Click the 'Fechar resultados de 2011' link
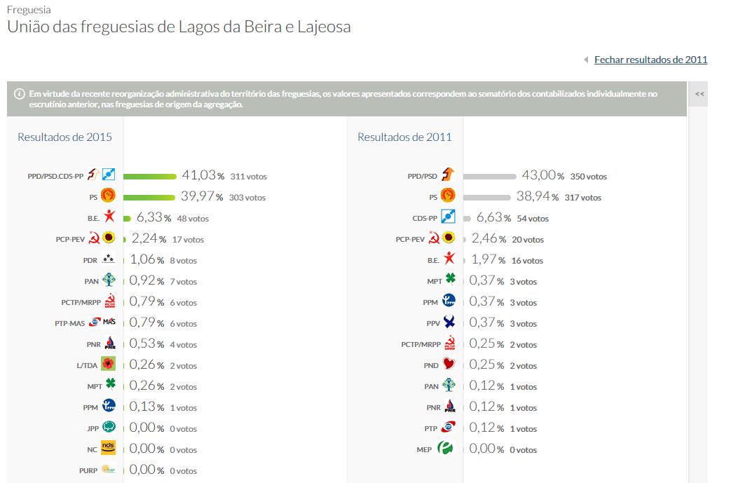point(650,60)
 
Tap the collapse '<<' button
point(699,94)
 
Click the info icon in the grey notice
point(19,93)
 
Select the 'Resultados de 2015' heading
point(64,137)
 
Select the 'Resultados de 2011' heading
point(404,137)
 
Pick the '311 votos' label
point(248,177)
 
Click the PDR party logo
point(108,259)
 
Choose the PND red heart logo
point(449,365)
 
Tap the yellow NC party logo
point(108,449)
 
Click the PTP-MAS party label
point(69,324)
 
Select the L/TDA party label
point(87,366)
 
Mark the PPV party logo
point(449,322)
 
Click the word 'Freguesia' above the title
point(29,11)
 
